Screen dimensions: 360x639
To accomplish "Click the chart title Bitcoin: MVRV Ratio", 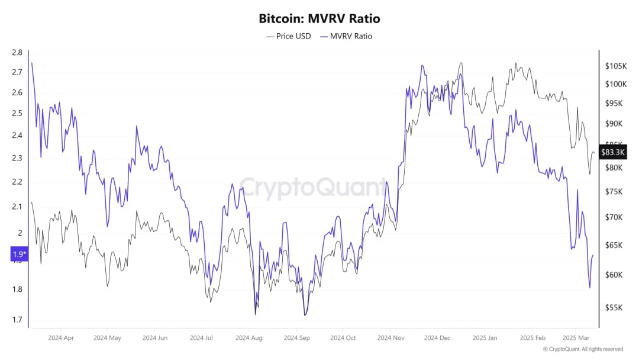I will (319, 18).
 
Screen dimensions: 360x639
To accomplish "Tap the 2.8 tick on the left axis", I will (17, 53).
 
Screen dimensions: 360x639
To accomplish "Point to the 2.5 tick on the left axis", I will (17, 113).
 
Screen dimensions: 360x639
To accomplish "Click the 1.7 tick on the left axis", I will (17, 320).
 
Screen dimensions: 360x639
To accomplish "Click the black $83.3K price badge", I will (612, 152).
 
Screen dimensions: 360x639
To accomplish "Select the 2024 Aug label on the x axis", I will (248, 338).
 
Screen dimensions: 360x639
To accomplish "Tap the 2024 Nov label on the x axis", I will (390, 338).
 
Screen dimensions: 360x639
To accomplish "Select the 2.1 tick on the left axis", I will (17, 207).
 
